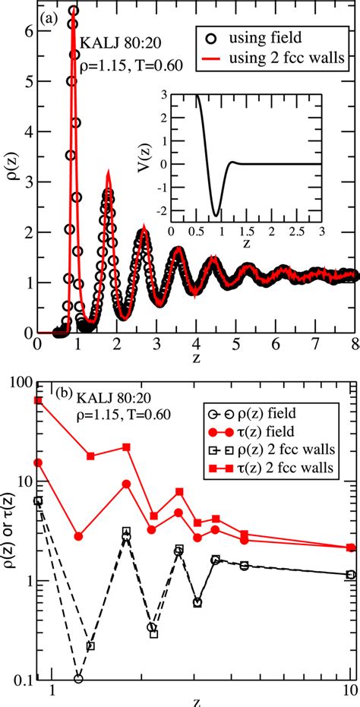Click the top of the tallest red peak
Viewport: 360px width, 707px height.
(73, 9)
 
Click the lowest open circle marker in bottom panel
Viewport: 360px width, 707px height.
(78, 678)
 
